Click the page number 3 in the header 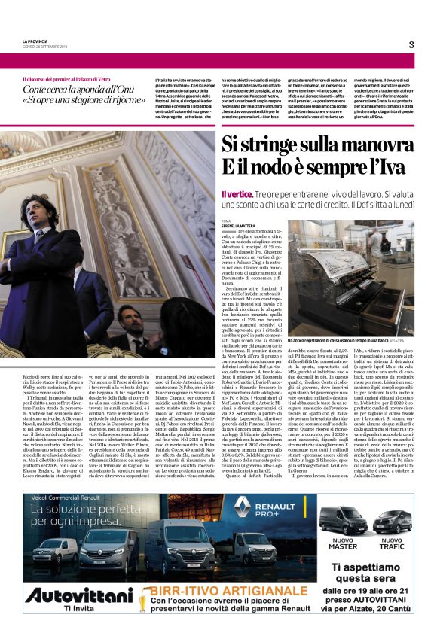pos(411,44)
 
